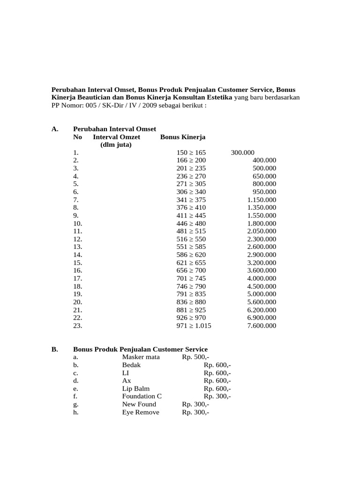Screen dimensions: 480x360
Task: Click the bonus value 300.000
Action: [242, 152]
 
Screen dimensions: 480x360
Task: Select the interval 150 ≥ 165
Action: [191, 152]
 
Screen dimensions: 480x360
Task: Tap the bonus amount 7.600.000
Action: [262, 326]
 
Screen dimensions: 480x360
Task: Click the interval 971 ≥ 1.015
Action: [194, 326]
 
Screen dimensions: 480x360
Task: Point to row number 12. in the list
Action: [78, 239]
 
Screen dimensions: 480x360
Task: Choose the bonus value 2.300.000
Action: [262, 239]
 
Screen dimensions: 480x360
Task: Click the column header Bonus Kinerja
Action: [183, 137]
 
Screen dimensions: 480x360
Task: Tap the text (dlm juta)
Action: [116, 145]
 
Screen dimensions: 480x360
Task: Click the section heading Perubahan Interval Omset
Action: [114, 129]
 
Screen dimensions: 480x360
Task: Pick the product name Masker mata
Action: [141, 357]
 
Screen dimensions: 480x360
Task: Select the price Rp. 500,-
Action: [195, 357]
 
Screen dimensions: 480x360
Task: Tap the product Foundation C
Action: [142, 397]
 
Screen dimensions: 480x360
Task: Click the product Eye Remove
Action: [141, 412]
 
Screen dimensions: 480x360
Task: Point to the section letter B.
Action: [54, 349]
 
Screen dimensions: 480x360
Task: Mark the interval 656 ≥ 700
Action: [191, 270]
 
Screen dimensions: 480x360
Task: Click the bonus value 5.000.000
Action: [262, 294]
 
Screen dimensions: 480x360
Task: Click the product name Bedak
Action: [131, 365]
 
